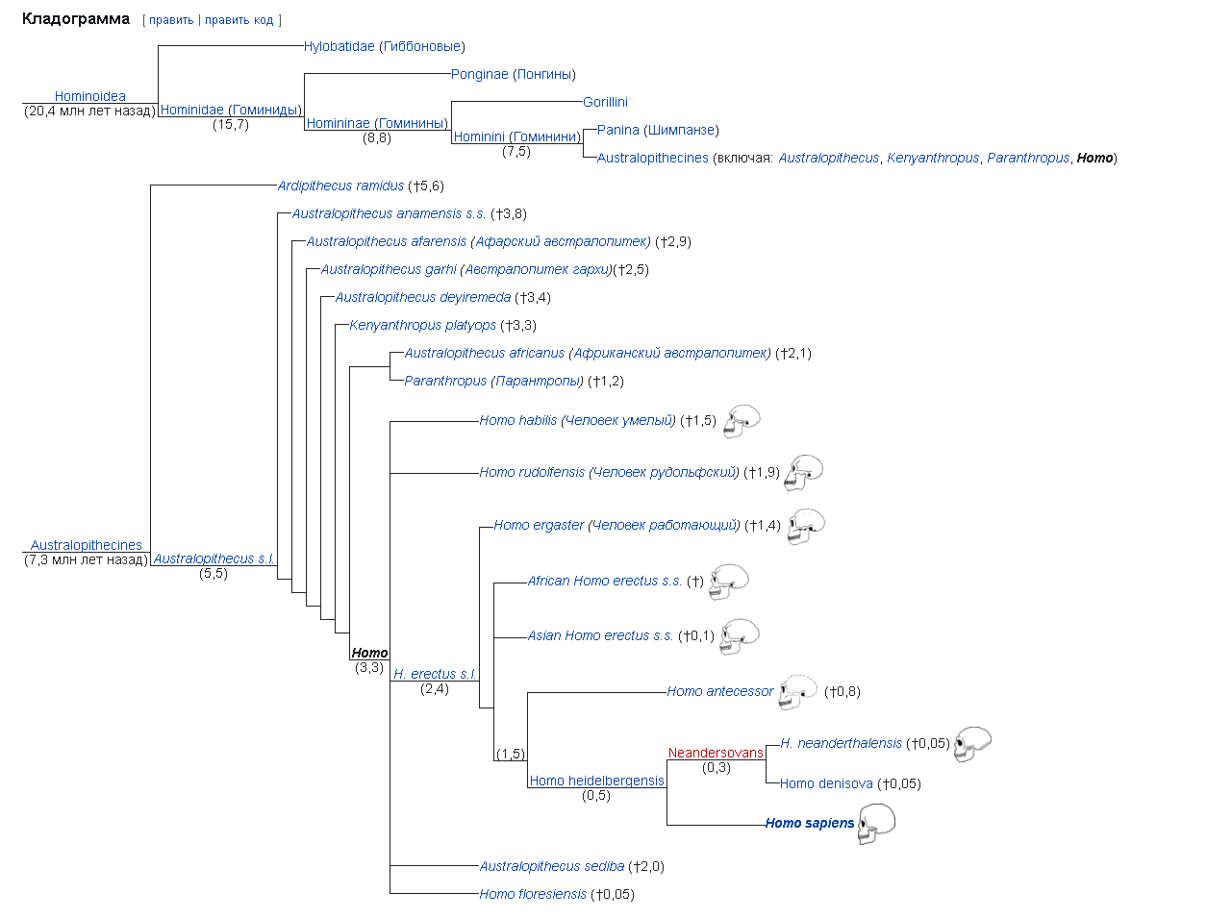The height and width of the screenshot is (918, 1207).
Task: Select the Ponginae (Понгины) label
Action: pyautogui.click(x=513, y=74)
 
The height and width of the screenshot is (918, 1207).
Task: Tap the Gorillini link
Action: pyautogui.click(x=605, y=102)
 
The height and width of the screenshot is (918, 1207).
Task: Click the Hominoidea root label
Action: pyautogui.click(x=89, y=96)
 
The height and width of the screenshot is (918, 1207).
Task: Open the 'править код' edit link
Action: pyautogui.click(x=239, y=20)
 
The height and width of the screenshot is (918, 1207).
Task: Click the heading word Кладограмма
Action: pyautogui.click(x=75, y=19)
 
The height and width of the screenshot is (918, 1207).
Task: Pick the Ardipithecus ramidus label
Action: pyautogui.click(x=340, y=186)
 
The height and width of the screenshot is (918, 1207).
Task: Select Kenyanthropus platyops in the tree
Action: pyautogui.click(x=422, y=325)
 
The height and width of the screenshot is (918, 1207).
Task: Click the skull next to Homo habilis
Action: pyautogui.click(x=742, y=421)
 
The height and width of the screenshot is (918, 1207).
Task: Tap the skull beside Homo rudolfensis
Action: pyautogui.click(x=804, y=472)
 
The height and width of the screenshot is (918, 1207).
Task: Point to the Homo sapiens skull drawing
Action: pyautogui.click(x=876, y=824)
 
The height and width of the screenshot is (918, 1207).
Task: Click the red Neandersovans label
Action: pyautogui.click(x=716, y=753)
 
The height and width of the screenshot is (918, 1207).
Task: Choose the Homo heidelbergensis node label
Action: pyautogui.click(x=596, y=781)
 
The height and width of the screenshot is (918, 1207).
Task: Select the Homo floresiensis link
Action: pyautogui.click(x=533, y=894)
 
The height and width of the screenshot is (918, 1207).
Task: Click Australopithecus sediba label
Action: pyautogui.click(x=552, y=866)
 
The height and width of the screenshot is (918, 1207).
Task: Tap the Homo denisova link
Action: pyautogui.click(x=826, y=783)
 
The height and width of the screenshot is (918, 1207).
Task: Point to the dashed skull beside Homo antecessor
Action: pyautogui.click(x=797, y=691)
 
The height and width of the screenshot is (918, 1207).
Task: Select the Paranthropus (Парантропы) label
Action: pyautogui.click(x=493, y=381)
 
